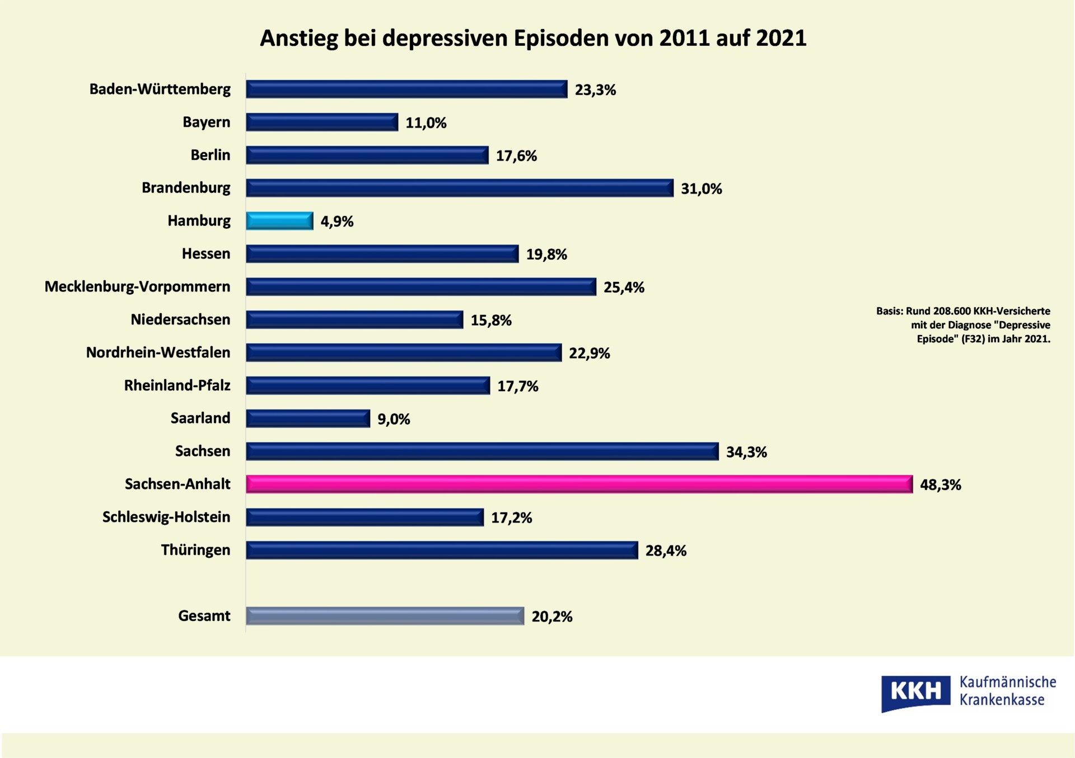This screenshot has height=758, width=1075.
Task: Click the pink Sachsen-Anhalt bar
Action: point(579,484)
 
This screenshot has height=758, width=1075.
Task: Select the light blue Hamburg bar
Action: point(279,221)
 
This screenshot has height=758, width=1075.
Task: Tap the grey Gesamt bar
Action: point(385,616)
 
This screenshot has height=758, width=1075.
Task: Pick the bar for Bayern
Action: point(322,122)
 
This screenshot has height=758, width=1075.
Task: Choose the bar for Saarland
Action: point(308,418)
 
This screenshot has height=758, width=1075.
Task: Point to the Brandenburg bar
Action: point(459,188)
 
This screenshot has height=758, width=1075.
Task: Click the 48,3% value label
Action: point(940,484)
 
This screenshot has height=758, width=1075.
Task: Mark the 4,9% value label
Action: point(336,222)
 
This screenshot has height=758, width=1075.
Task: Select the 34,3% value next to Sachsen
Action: point(746,452)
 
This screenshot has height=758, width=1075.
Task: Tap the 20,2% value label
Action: point(551,616)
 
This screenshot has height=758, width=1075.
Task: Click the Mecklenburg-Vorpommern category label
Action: point(137,286)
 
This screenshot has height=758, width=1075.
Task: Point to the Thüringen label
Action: point(195,550)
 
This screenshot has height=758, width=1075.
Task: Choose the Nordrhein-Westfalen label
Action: point(158,352)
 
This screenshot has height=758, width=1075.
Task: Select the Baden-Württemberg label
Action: point(160,89)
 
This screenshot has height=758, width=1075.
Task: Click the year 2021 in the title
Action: point(781,38)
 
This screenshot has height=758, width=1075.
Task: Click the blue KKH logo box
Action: point(915,692)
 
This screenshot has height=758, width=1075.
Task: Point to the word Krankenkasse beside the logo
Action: point(1002,700)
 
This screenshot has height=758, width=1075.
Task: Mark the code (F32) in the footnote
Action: point(973,338)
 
